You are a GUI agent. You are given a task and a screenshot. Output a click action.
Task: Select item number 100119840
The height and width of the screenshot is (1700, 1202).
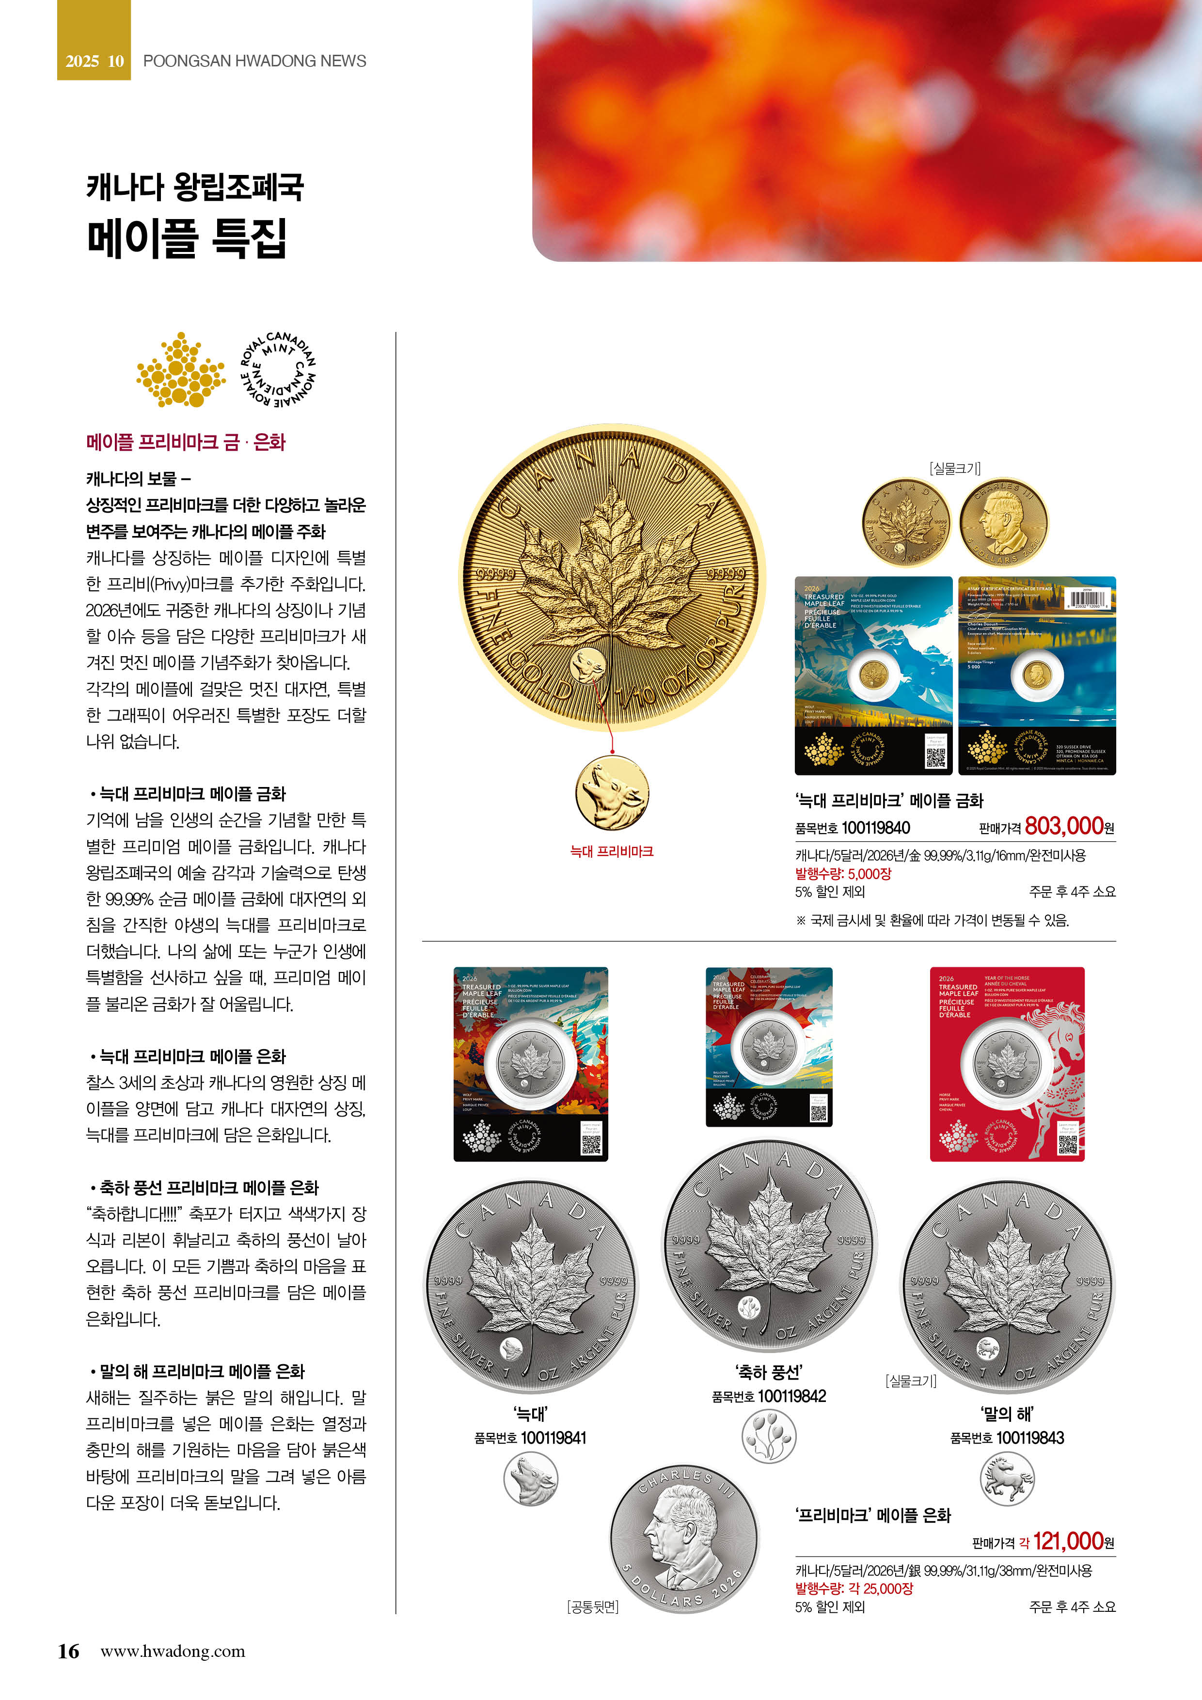point(876,828)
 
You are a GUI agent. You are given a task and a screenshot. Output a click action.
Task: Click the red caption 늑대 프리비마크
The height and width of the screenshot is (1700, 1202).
point(612,851)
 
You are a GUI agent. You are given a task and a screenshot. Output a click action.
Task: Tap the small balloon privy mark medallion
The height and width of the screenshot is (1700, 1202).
point(769,1436)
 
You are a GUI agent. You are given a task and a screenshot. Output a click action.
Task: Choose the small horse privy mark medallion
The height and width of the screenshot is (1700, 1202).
point(1007,1479)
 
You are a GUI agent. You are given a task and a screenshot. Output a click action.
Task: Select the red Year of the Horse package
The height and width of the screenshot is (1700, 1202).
point(1007,1064)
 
